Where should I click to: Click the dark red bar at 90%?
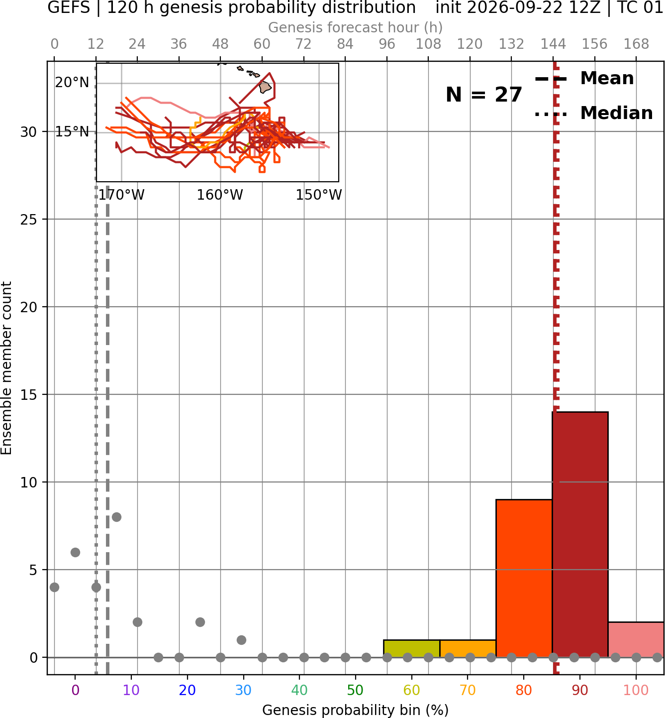580,534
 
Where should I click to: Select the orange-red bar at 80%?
524,578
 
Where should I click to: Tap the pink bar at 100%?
636,639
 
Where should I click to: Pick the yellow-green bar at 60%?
411,649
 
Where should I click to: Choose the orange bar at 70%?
468,649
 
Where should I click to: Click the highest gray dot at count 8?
116,517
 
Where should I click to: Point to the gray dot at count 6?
75,552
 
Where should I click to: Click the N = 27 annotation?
483,95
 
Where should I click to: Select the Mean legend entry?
584,79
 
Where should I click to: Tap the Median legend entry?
593,113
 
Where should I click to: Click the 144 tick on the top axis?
553,44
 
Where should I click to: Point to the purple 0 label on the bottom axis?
75,690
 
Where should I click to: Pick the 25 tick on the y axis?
29,219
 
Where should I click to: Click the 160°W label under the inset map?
220,195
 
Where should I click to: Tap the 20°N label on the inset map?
72,83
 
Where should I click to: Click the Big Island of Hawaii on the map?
265,87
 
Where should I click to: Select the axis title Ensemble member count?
6,368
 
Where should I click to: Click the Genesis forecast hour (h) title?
356,27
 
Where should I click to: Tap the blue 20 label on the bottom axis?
188,690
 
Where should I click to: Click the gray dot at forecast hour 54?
241,640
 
